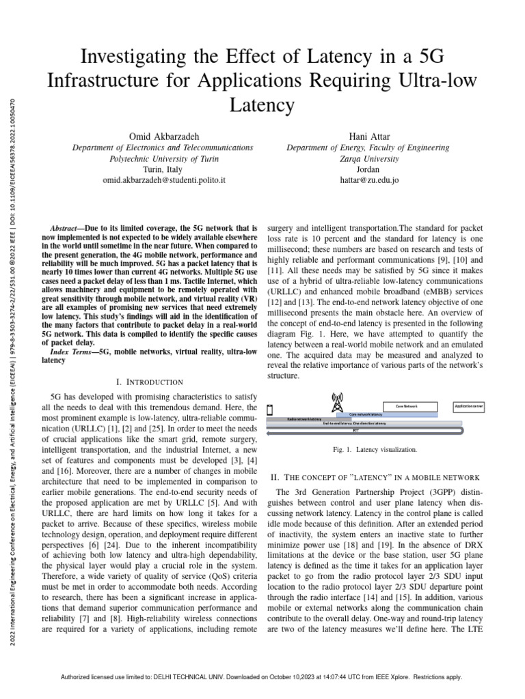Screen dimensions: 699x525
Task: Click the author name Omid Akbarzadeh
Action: [x=163, y=136]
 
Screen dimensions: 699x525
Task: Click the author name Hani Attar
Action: [x=368, y=136]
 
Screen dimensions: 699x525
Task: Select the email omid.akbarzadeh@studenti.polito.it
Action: [x=163, y=180]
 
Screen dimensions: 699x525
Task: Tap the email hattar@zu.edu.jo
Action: [x=368, y=180]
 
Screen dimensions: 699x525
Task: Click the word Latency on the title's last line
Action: [x=262, y=104]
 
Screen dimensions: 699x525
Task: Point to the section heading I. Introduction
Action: [x=150, y=382]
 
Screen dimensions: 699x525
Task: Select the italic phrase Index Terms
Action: [x=74, y=352]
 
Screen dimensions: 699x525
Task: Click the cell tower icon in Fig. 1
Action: [x=336, y=399]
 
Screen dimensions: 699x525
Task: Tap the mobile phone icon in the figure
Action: [x=270, y=410]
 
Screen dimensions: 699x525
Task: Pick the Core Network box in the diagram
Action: [x=409, y=405]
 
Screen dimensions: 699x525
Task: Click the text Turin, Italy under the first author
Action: [x=163, y=169]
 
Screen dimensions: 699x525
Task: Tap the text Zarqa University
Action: [x=368, y=158]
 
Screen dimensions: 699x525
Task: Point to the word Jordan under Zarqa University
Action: [x=368, y=169]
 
